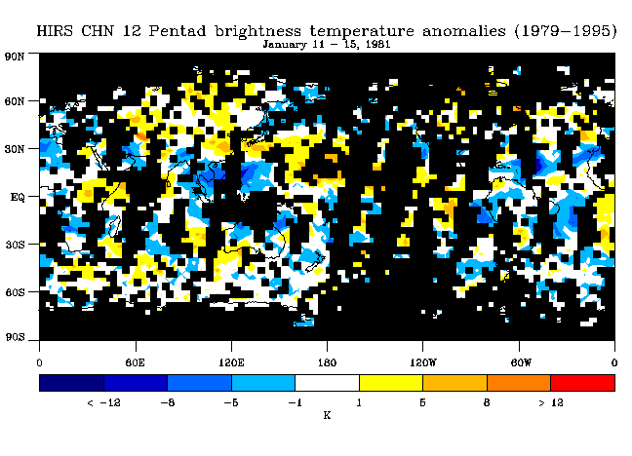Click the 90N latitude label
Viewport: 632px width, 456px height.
pyautogui.click(x=15, y=57)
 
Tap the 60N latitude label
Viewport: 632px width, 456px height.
pyautogui.click(x=15, y=101)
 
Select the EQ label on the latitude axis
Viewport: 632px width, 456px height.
pyautogui.click(x=18, y=198)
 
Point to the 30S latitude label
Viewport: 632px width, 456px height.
pyautogui.click(x=15, y=245)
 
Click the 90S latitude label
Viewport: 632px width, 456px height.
pyautogui.click(x=15, y=337)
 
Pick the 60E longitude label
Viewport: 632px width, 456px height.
pyautogui.click(x=135, y=362)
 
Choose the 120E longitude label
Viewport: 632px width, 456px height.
pyautogui.click(x=231, y=362)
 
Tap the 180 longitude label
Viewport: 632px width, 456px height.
pyautogui.click(x=327, y=362)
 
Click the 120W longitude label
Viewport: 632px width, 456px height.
pyautogui.click(x=423, y=362)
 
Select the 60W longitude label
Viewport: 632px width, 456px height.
pyautogui.click(x=521, y=362)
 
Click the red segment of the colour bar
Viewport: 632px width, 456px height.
pyautogui.click(x=583, y=383)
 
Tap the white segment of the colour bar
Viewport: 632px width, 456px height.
pyautogui.click(x=328, y=383)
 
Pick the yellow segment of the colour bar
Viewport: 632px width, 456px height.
pyautogui.click(x=391, y=383)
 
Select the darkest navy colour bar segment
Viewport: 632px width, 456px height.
pyautogui.click(x=72, y=383)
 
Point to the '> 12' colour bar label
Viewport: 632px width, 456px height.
pyautogui.click(x=551, y=402)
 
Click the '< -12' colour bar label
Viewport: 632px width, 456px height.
pyautogui.click(x=103, y=402)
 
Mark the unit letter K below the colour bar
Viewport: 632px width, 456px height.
pyautogui.click(x=327, y=415)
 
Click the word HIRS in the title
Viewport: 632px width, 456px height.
pyautogui.click(x=55, y=31)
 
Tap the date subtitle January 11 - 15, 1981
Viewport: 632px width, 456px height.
pyautogui.click(x=327, y=44)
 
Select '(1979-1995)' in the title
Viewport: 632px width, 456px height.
pyautogui.click(x=566, y=31)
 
